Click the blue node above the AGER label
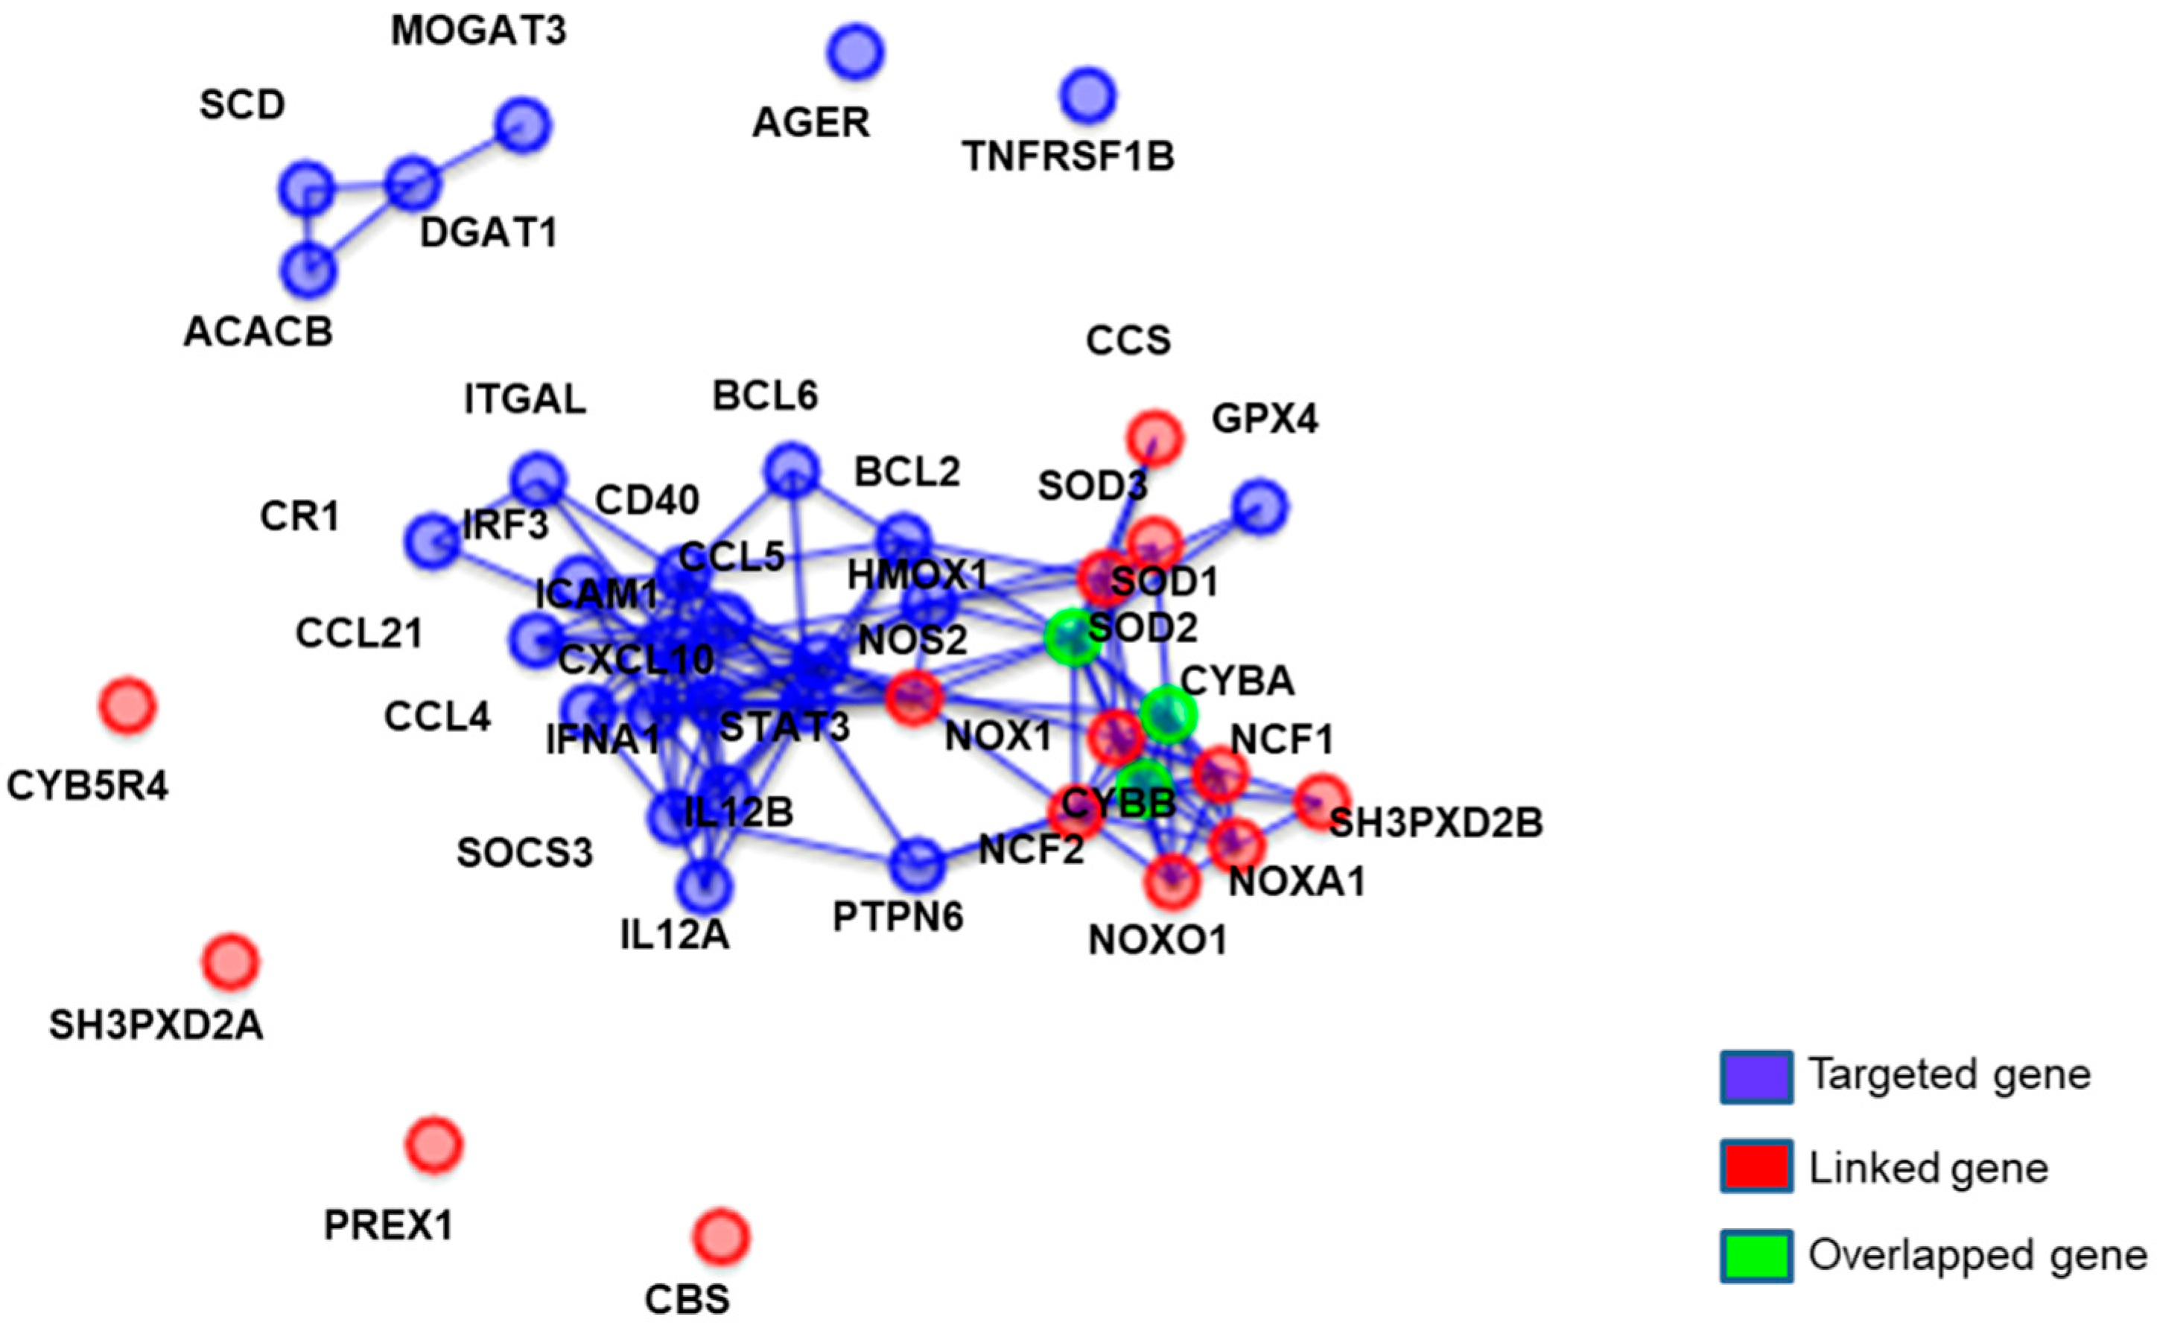(854, 52)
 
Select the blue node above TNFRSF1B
(1087, 96)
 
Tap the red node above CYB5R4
(127, 705)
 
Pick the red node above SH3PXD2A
(231, 962)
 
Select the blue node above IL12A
(704, 885)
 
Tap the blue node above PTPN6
(917, 865)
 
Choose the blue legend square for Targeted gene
(1756, 1076)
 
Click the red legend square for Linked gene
(1756, 1166)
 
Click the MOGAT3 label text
(479, 31)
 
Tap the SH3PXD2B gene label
(1435, 823)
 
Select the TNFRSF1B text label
(1068, 156)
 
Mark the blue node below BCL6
(792, 469)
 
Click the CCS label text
(1128, 340)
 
